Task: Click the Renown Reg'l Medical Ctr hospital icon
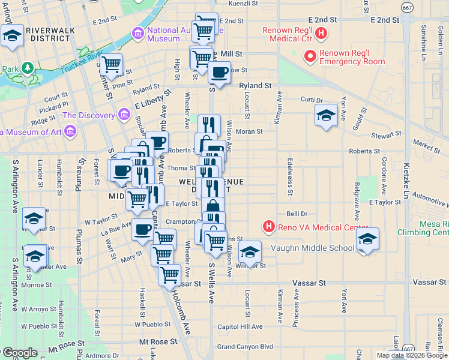pos(321,34)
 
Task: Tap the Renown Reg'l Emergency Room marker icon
pos(311,57)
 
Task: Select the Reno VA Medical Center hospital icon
pos(269,227)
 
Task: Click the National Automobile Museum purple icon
pos(139,34)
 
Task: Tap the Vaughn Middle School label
pos(312,248)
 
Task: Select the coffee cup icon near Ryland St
pos(219,73)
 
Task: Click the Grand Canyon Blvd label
pos(245,346)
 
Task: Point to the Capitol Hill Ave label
pos(240,327)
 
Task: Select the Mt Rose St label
pos(159,341)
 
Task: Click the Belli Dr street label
pos(297,214)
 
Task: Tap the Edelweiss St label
pos(289,176)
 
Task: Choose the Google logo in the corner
pos(20,352)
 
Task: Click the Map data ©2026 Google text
pos(412,355)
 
